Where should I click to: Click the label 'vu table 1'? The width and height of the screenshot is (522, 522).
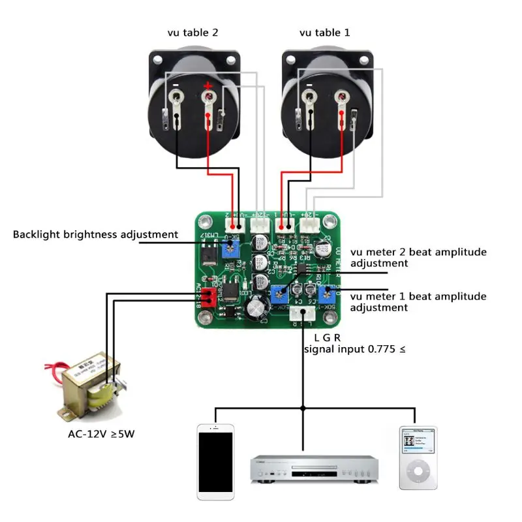(324, 32)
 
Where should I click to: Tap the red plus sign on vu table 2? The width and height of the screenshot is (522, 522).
(208, 85)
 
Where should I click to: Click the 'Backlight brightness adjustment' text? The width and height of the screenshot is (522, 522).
(95, 234)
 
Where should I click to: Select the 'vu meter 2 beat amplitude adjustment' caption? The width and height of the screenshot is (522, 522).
(418, 258)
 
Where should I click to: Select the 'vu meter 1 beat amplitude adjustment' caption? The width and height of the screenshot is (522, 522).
(418, 301)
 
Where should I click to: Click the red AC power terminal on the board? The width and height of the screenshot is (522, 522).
(208, 298)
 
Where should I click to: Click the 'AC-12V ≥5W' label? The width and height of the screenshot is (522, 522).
(106, 435)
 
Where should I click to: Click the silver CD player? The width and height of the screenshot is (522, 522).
(314, 468)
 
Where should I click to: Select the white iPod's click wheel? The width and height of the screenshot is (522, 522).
(418, 472)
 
